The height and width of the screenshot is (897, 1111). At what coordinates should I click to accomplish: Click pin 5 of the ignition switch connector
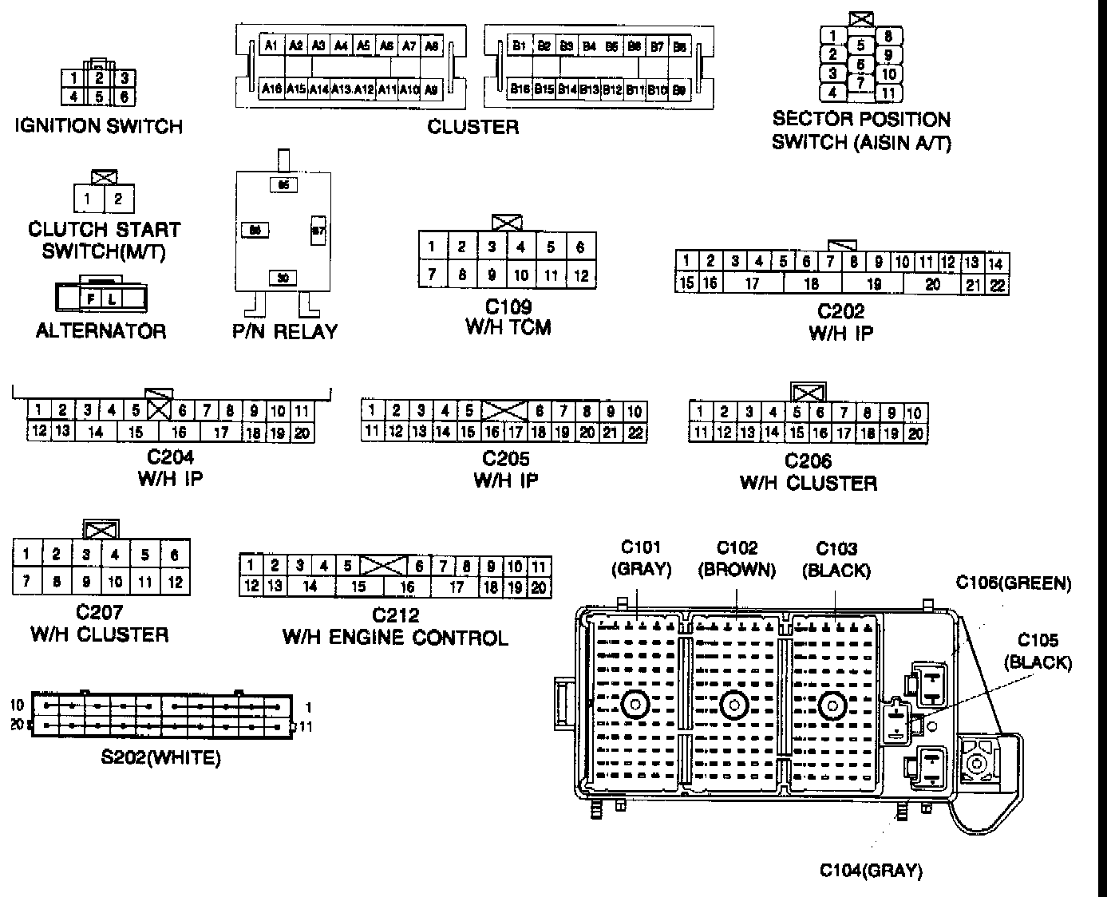tap(100, 97)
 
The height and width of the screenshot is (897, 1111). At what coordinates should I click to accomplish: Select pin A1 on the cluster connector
tap(271, 45)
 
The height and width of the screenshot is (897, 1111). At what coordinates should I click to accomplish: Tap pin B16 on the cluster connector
tap(520, 90)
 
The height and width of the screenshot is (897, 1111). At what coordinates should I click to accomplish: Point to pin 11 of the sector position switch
tap(888, 93)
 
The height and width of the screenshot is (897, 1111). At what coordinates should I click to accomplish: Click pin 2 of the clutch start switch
tap(118, 199)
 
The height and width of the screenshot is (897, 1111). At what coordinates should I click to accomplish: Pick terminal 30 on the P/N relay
tap(283, 278)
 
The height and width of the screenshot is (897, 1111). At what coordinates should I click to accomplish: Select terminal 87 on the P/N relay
tap(317, 231)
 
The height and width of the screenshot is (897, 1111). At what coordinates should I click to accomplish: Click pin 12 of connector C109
tap(581, 275)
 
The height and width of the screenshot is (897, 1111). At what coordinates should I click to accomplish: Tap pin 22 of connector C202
tap(998, 285)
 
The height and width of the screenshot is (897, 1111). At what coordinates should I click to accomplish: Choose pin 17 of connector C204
tap(221, 433)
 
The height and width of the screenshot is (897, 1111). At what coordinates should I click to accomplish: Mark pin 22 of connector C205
tap(635, 433)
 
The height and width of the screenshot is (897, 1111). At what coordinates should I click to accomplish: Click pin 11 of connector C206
tap(700, 433)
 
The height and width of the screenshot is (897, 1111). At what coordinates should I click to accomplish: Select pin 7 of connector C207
tap(26, 582)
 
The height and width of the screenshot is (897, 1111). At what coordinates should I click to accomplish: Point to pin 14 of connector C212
tap(310, 587)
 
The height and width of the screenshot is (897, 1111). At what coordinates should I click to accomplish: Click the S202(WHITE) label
tap(160, 757)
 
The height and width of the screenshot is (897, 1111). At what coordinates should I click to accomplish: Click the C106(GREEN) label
tap(1014, 583)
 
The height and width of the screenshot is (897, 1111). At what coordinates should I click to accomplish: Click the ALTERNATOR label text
tap(101, 330)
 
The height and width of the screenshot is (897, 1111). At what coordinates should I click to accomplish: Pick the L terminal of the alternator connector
tap(113, 298)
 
